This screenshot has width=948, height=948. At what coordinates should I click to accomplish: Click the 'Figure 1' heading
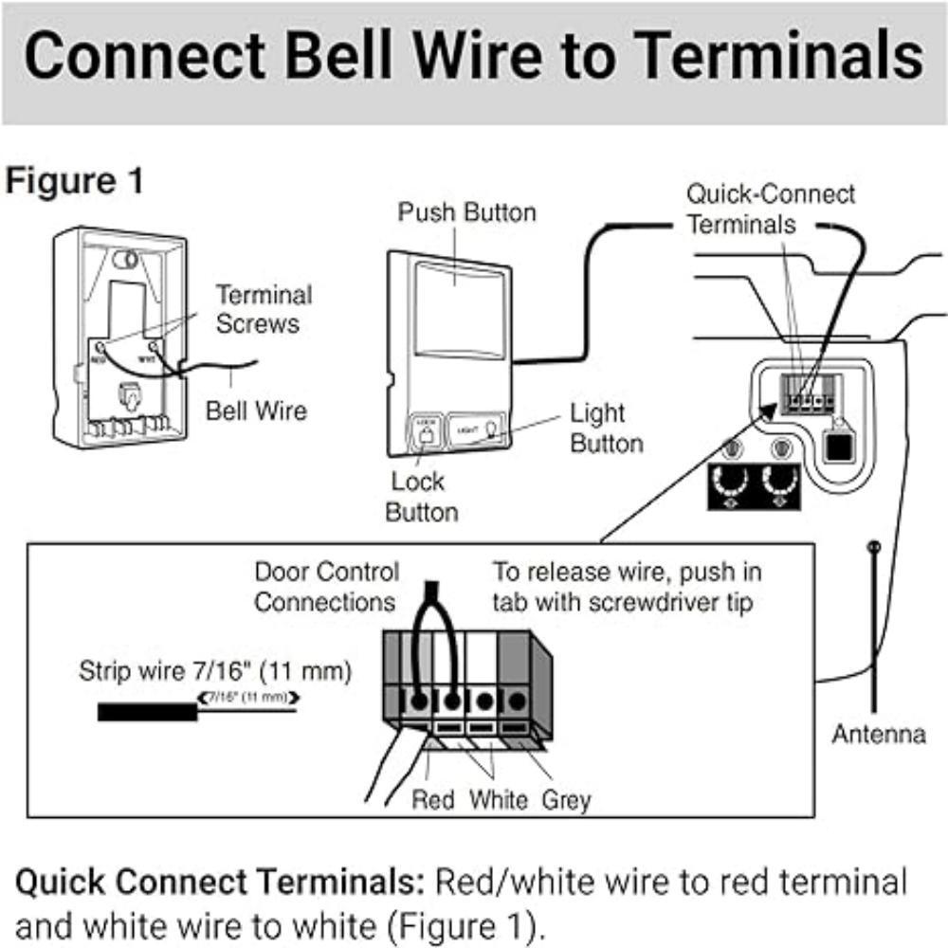75,181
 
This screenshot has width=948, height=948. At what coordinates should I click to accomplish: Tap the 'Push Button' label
466,212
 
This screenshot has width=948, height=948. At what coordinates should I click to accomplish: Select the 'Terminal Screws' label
263,309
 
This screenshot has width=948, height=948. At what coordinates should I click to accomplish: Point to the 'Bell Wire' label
256,410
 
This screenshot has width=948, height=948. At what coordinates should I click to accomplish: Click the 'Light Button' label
607,428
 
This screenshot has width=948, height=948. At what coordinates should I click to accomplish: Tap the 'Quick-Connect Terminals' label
770,210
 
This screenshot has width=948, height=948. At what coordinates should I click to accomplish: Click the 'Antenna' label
878,734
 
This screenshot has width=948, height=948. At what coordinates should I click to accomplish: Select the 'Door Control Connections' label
327,587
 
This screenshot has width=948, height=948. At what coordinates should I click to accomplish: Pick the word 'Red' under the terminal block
433,800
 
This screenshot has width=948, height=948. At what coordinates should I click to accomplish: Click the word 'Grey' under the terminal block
566,800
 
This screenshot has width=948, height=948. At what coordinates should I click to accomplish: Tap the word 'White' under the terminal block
499,800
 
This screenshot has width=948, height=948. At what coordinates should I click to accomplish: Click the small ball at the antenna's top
874,546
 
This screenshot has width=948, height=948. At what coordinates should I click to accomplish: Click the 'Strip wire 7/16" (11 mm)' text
214,673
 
